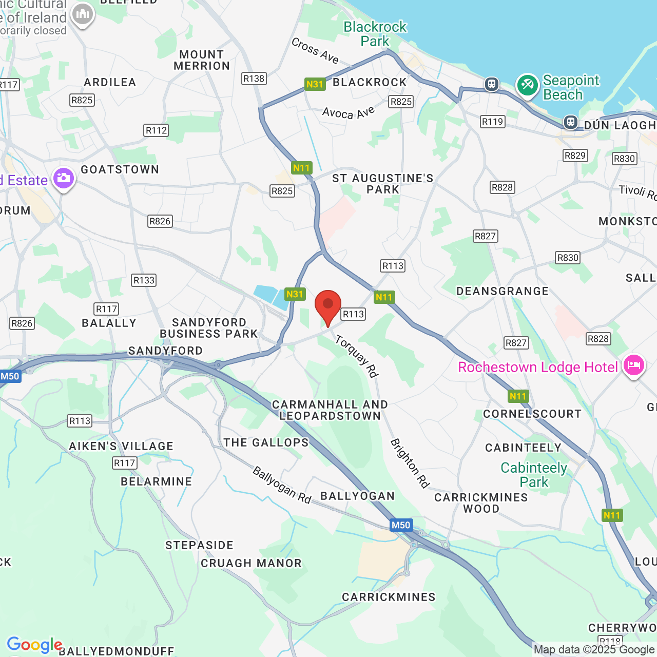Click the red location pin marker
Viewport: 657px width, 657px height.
click(327, 306)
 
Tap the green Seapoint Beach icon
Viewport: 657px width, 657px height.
click(527, 85)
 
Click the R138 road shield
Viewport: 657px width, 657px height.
click(254, 79)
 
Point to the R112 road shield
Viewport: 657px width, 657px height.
click(156, 130)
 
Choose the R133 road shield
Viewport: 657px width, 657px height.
click(144, 280)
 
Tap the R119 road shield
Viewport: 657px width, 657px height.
click(492, 122)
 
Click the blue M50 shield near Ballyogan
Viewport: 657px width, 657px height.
click(401, 525)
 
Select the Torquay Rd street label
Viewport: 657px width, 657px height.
click(357, 356)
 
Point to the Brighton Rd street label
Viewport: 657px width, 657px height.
click(410, 463)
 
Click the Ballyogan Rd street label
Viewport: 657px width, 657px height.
click(282, 485)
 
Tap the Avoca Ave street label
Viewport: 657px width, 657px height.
click(349, 112)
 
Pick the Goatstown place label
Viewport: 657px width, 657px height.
click(120, 169)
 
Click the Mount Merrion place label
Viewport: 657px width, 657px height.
click(202, 60)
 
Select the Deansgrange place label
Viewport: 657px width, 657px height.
click(503, 291)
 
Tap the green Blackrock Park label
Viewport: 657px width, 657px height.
click(375, 34)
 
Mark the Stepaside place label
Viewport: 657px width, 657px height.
click(199, 545)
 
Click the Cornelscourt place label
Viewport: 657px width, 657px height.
click(532, 414)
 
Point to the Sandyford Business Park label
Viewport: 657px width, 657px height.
click(209, 328)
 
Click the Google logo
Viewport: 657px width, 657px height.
click(34, 645)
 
